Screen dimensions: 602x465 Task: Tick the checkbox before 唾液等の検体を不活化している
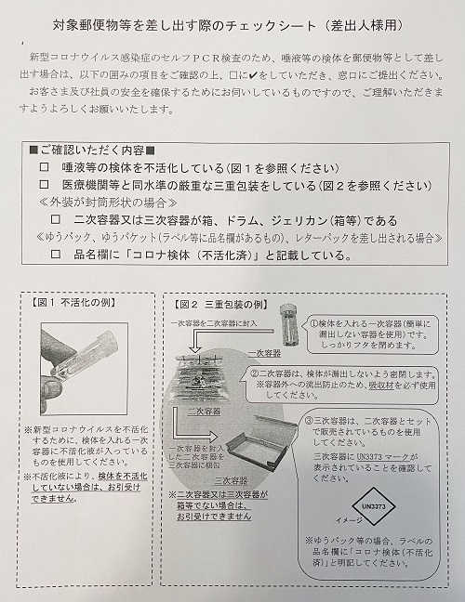tap(44, 167)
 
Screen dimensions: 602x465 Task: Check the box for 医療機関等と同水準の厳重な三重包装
tap(44, 185)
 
